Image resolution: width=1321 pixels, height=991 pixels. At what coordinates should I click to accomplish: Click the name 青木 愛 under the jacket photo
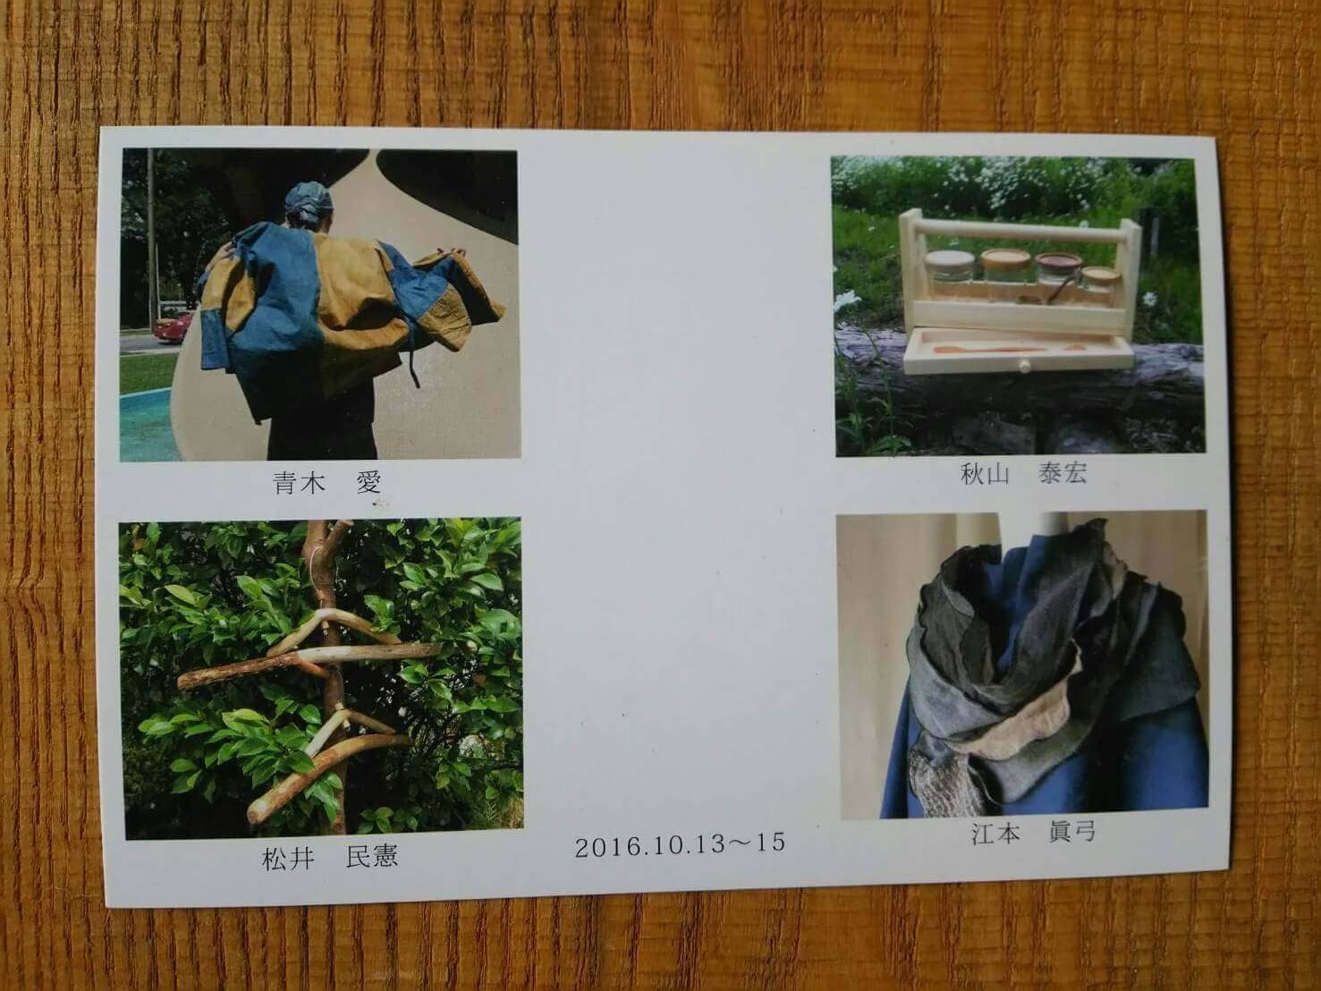[x=328, y=483]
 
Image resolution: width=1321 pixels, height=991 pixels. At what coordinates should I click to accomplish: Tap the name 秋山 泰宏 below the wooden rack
[x=1023, y=474]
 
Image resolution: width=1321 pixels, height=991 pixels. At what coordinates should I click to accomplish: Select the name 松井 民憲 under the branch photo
[x=330, y=858]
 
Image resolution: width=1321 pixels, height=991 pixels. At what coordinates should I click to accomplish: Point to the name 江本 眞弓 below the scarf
[x=1033, y=833]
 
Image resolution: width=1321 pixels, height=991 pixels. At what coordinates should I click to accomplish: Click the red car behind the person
[x=174, y=327]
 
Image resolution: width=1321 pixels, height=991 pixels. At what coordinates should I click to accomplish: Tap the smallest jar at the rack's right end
[x=1101, y=284]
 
